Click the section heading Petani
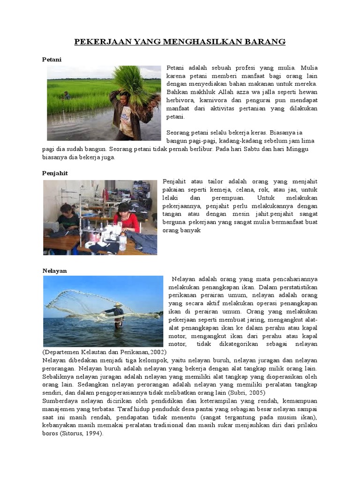coord(52,60)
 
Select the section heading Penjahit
coord(55,173)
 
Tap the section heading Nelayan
coord(54,270)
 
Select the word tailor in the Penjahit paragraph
coord(210,181)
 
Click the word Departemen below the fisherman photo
coord(60,352)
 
